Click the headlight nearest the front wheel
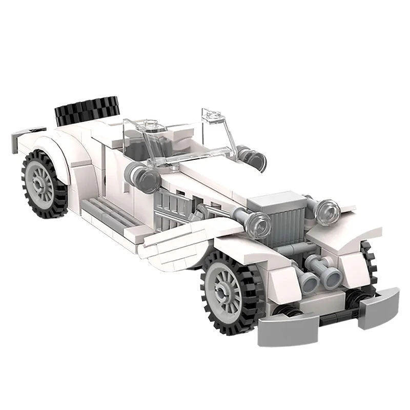260,223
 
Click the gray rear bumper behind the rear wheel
28,134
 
